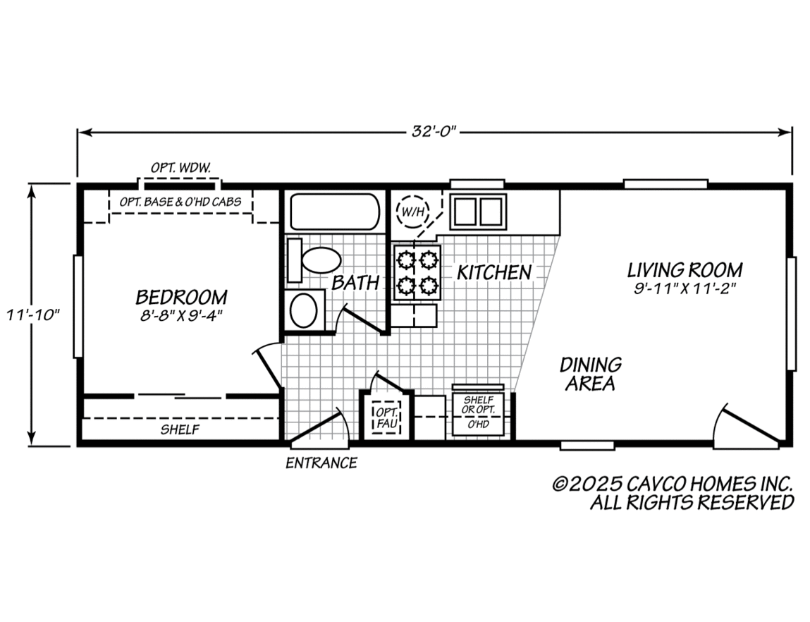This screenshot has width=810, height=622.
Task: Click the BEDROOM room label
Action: (181, 296)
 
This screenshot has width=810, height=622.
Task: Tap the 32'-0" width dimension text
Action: (435, 131)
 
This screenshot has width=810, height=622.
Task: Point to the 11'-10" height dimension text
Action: (31, 314)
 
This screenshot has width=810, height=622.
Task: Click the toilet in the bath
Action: (315, 260)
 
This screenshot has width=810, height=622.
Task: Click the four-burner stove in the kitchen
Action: (417, 273)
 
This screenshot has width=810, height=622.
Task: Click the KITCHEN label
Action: (493, 272)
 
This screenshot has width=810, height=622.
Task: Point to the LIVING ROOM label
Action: (685, 269)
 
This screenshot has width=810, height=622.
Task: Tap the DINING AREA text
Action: (590, 374)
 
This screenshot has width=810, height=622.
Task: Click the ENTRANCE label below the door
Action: (321, 463)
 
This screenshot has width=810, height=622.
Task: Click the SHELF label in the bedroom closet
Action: (180, 429)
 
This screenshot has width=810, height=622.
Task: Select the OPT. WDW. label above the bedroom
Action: (180, 168)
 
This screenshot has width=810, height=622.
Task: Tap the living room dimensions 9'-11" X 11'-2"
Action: (684, 288)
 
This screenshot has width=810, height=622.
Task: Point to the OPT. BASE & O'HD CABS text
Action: (180, 202)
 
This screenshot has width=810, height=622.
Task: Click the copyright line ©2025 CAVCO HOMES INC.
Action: (673, 484)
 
